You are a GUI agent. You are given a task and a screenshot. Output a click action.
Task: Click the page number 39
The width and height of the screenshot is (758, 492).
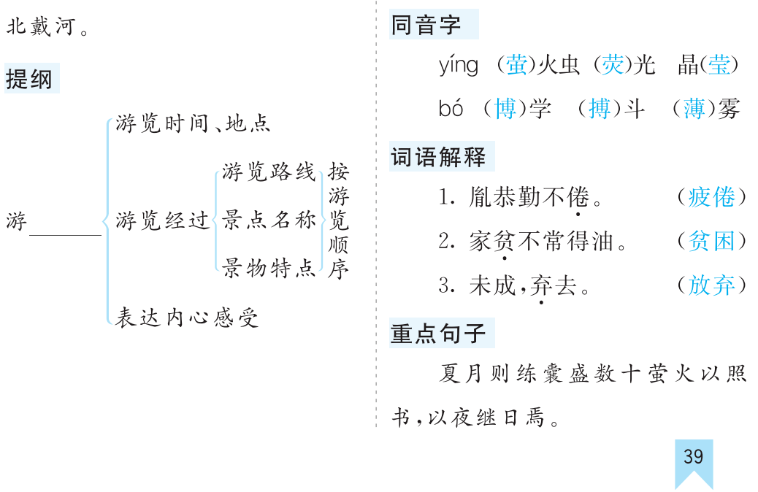pyautogui.click(x=693, y=456)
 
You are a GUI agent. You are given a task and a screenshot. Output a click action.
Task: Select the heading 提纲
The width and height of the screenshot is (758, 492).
pyautogui.click(x=29, y=79)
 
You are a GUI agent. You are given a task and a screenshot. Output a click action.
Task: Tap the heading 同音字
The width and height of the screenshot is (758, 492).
pyautogui.click(x=426, y=25)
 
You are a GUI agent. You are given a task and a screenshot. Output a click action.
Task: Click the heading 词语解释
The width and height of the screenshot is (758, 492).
pyautogui.click(x=438, y=157)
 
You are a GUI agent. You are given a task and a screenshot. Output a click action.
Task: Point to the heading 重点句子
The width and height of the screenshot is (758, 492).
pyautogui.click(x=438, y=334)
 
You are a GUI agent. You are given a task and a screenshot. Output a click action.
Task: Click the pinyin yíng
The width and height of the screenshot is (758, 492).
pyautogui.click(x=459, y=65)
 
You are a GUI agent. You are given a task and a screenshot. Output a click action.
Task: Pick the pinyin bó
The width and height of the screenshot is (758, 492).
pyautogui.click(x=451, y=108)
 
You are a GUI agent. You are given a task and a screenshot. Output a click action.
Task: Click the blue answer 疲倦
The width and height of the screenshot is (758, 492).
pyautogui.click(x=711, y=196)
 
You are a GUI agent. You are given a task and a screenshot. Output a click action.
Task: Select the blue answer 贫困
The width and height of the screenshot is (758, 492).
pyautogui.click(x=711, y=241)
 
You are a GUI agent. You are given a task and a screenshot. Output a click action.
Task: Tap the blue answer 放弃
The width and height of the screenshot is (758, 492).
pyautogui.click(x=711, y=285)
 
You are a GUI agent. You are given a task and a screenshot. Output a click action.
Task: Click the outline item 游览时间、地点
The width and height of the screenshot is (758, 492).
pyautogui.click(x=193, y=123)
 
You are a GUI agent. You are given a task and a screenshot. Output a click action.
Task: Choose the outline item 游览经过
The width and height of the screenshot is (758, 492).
pyautogui.click(x=162, y=220)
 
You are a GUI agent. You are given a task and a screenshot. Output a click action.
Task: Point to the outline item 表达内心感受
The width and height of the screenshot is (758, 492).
pyautogui.click(x=187, y=318)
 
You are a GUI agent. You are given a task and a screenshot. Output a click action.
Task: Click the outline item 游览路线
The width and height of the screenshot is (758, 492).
pyautogui.click(x=269, y=172)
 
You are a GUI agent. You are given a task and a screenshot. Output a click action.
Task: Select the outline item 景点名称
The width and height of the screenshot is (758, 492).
pyautogui.click(x=269, y=220)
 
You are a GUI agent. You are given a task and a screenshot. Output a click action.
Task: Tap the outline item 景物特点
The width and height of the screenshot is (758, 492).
pyautogui.click(x=269, y=268)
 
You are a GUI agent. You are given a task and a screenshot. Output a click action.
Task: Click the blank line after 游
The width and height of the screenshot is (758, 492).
pyautogui.click(x=65, y=235)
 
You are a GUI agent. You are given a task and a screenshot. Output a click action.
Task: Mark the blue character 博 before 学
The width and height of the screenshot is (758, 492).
pyautogui.click(x=505, y=108)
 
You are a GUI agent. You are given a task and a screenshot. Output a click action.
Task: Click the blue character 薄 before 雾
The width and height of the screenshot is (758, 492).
pyautogui.click(x=694, y=108)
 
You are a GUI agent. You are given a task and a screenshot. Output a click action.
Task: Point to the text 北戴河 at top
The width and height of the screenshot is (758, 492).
pyautogui.click(x=41, y=26)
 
